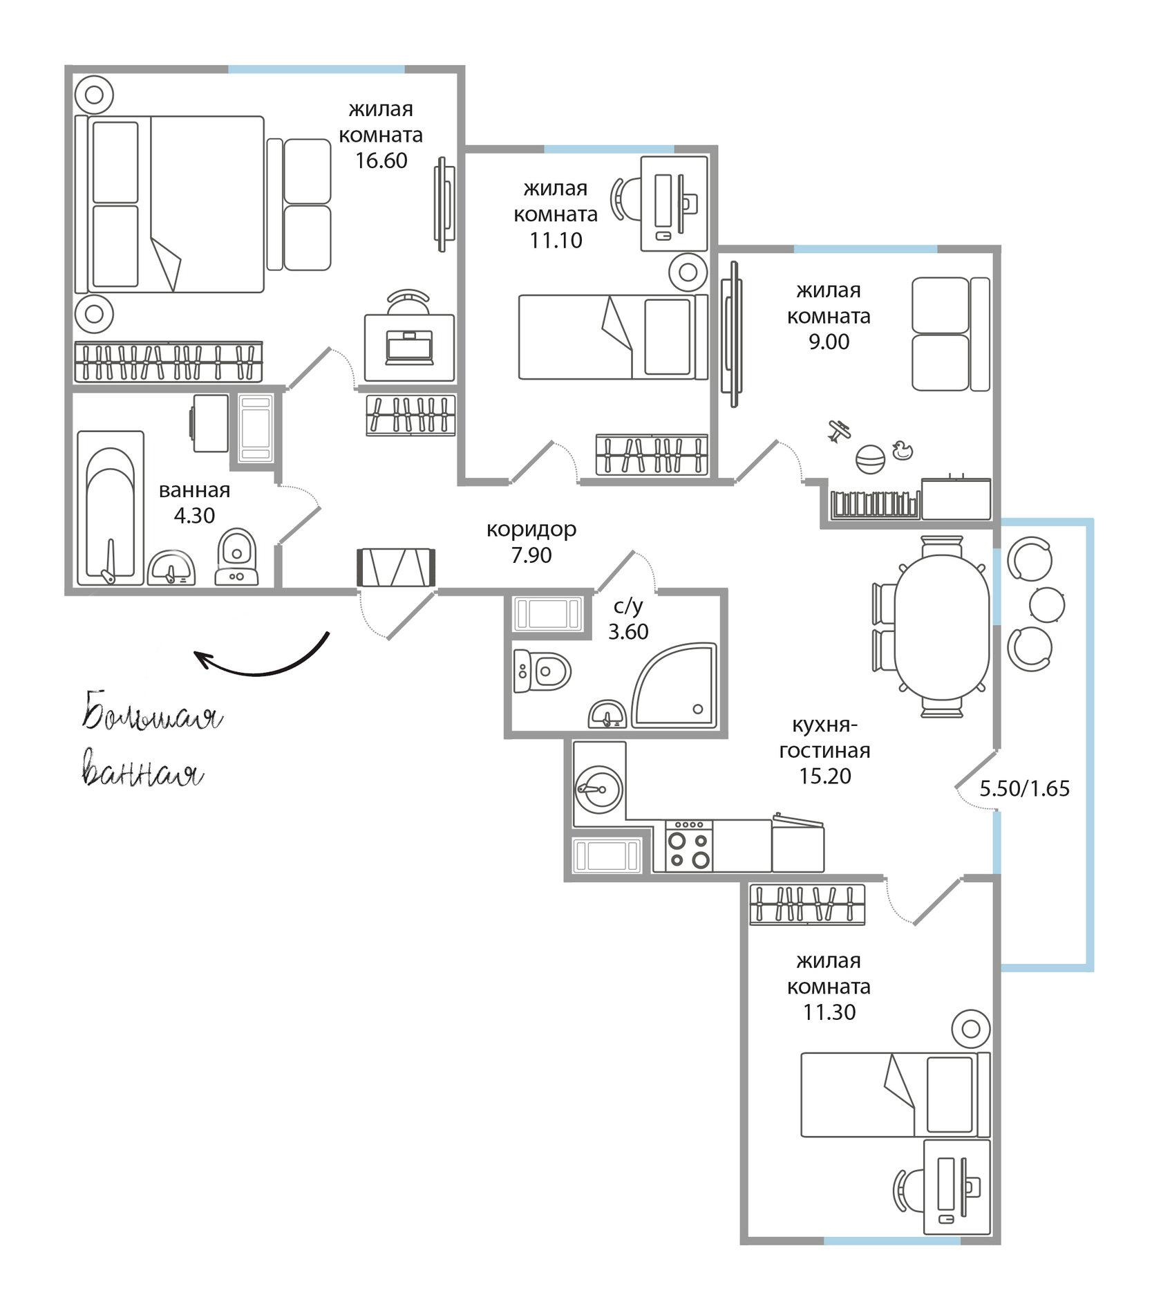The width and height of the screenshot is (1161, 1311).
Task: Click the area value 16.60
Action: coord(381,160)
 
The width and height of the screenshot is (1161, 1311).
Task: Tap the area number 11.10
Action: coord(556,241)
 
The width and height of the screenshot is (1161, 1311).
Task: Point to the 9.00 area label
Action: coord(829,342)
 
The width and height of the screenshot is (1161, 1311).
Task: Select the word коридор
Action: coord(531,530)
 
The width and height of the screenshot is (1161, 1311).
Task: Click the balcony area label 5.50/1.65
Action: coord(1025,788)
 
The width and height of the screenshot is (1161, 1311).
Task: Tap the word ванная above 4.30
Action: coord(194,490)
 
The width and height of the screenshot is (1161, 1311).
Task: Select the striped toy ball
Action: coord(870,460)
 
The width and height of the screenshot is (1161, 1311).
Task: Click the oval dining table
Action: coord(942,626)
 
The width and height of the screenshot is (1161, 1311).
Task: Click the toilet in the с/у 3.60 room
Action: coord(542,670)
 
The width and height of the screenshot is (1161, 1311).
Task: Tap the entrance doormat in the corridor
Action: coord(396,568)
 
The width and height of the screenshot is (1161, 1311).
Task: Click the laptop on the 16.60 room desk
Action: coord(410,347)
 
